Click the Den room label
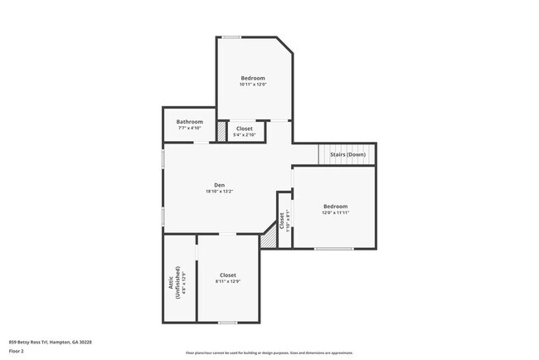tap(219, 185)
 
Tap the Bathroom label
tap(189, 122)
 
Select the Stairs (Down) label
tap(347, 154)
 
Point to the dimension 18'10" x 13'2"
tap(219, 192)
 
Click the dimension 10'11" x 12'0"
tap(253, 85)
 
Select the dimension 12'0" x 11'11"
tap(335, 212)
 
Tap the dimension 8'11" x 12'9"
tap(228, 282)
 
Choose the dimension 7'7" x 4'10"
tap(189, 128)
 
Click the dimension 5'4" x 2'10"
tap(245, 135)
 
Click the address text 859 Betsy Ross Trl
tap(50, 342)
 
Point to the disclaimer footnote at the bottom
tap(269, 353)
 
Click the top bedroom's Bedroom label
tap(253, 78)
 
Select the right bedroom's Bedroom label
tap(335, 206)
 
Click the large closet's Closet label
tap(228, 275)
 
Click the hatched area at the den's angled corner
tap(269, 240)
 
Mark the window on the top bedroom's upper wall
tap(231, 36)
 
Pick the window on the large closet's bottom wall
tap(228, 321)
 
